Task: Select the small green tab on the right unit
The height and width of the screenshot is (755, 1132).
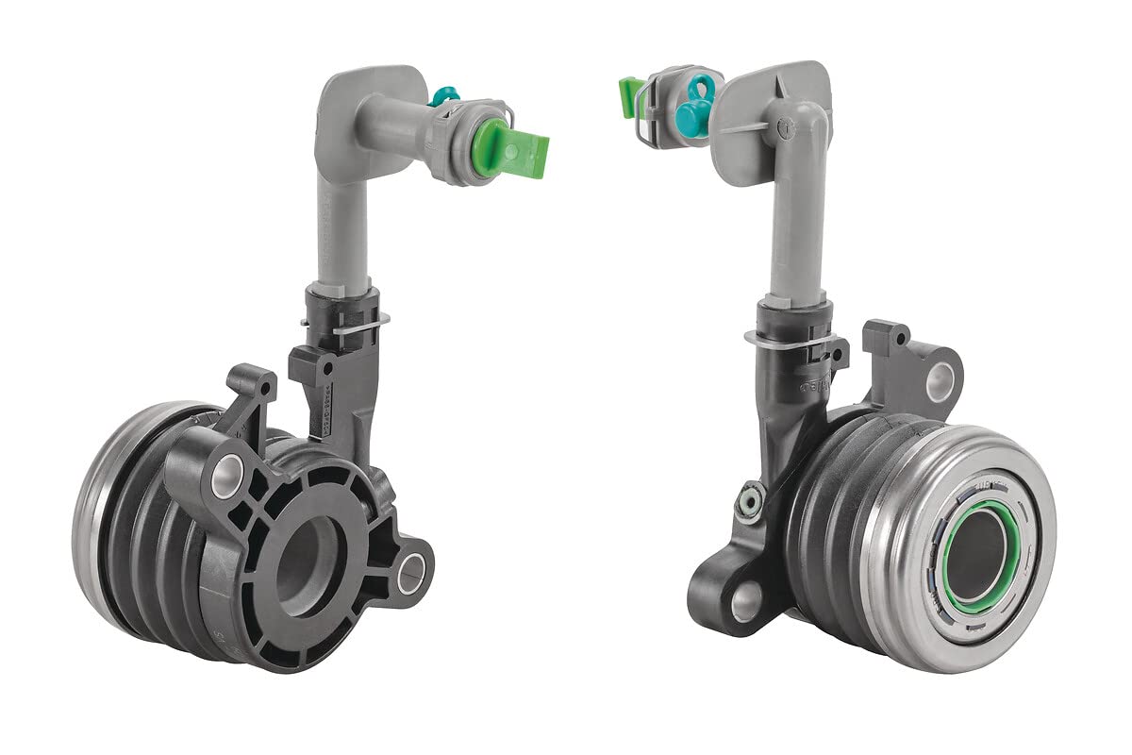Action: coord(629,97)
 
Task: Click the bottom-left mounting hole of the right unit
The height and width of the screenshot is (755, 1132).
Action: coord(745,601)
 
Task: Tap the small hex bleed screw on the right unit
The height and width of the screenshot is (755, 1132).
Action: coord(749,500)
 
